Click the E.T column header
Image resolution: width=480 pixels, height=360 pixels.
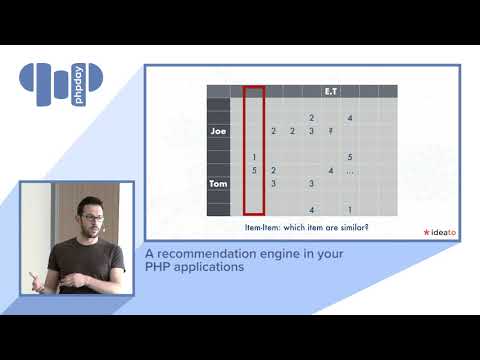(330, 92)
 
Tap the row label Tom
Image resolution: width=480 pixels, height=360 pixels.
(219, 184)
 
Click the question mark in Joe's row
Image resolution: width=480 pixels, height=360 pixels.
(329, 131)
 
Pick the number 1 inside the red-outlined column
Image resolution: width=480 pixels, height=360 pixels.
(255, 157)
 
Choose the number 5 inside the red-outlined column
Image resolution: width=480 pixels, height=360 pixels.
(255, 171)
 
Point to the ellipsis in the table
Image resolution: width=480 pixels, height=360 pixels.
(349, 171)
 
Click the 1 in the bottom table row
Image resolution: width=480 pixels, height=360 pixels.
(349, 210)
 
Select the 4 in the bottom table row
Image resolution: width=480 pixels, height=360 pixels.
(312, 210)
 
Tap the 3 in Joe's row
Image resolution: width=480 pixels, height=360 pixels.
(311, 131)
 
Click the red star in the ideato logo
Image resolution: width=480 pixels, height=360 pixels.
(426, 232)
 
